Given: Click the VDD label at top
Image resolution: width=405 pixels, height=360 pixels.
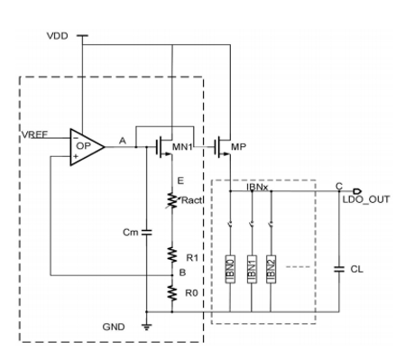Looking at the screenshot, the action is click(58, 36).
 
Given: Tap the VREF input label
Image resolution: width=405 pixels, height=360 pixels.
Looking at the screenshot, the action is click(34, 134).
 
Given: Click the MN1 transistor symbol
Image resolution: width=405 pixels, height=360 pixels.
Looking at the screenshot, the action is click(164, 147).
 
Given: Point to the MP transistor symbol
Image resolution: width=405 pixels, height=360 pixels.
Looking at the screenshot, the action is click(223, 147).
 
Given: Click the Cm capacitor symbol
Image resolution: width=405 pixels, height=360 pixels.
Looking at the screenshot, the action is click(147, 232).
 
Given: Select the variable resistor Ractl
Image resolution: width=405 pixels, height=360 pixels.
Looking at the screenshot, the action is click(172, 200).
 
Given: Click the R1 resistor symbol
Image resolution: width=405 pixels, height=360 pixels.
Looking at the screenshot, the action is click(172, 255).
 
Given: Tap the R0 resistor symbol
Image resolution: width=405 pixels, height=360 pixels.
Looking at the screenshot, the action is click(172, 292).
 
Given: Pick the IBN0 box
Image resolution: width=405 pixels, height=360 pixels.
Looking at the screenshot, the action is click(230, 269).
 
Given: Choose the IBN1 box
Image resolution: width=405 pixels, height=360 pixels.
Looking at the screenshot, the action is click(252, 269).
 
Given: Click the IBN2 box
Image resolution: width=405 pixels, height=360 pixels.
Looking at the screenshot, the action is click(271, 269).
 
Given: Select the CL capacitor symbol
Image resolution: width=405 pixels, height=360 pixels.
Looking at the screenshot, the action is click(339, 269).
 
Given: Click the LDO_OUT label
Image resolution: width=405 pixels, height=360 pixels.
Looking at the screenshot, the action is click(366, 199).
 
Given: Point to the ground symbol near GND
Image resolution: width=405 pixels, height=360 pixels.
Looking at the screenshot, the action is click(147, 327).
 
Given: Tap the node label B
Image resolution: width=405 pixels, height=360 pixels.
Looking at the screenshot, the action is click(182, 272).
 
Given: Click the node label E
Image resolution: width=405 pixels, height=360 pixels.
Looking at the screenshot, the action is click(180, 180).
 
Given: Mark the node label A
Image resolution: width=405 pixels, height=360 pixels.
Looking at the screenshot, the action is click(123, 141).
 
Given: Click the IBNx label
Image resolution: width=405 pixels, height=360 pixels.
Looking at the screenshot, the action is click(257, 187).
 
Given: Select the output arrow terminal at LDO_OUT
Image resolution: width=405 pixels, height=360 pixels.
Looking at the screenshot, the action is click(357, 191).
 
